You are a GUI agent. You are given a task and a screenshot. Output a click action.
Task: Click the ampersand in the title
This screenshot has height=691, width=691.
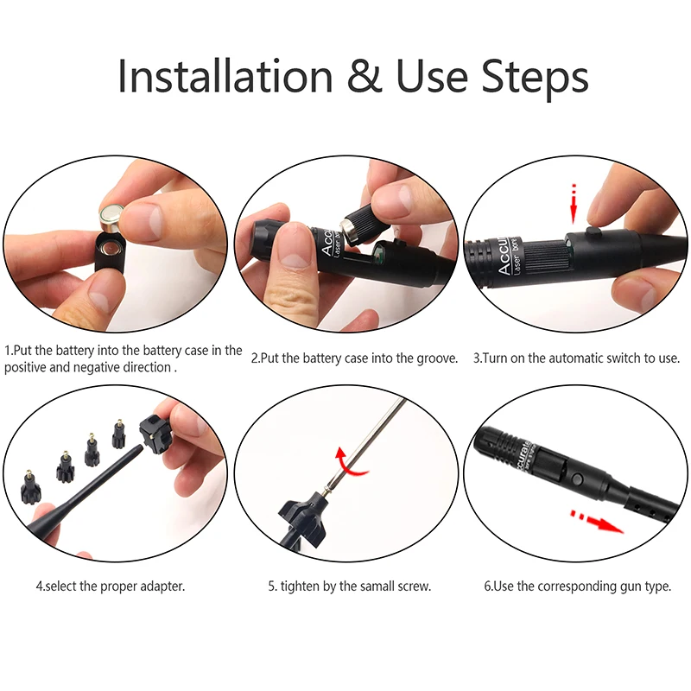[365, 76]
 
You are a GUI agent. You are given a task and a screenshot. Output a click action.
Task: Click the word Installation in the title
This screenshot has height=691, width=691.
[225, 75]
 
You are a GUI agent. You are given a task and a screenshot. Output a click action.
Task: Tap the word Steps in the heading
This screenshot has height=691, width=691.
[535, 79]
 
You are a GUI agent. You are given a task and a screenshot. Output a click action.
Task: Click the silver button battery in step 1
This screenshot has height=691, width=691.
[114, 217]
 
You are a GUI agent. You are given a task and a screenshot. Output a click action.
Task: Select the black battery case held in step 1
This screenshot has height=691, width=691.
[111, 255]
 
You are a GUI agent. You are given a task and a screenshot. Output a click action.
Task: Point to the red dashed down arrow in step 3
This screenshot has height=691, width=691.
[574, 204]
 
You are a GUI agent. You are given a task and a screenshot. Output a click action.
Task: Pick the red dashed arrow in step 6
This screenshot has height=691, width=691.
[597, 522]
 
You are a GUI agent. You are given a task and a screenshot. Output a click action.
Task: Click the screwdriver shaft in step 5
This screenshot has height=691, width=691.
[365, 444]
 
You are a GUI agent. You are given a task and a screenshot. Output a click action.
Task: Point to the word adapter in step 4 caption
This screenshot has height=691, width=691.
[162, 587]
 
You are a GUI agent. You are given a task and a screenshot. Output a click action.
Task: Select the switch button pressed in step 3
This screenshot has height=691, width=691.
[593, 231]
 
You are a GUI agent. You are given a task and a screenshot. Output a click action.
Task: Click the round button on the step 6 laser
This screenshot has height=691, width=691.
[577, 479]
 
